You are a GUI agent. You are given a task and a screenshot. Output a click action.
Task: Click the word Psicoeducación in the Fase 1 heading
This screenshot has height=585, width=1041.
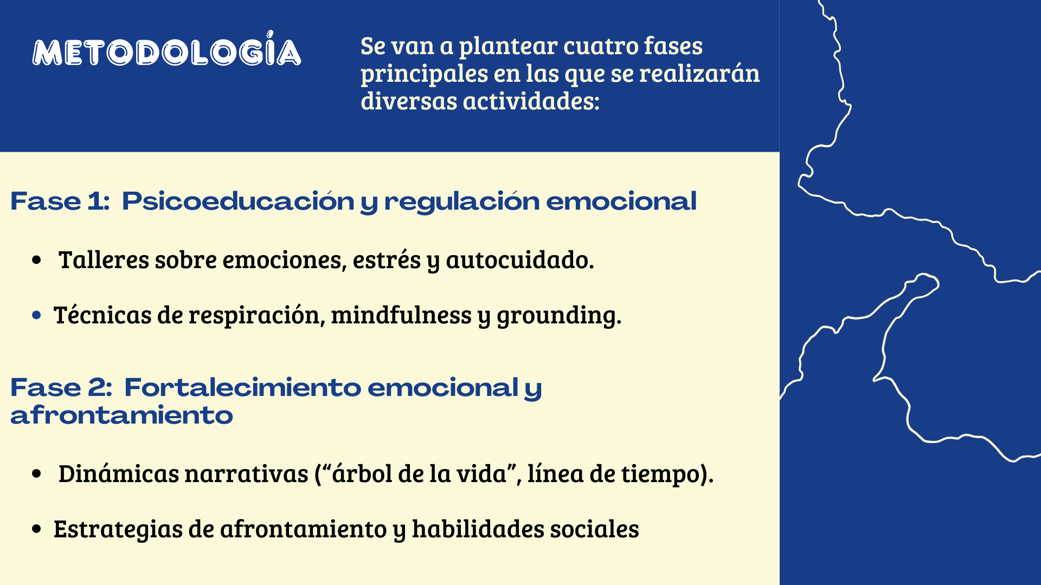point(238,201)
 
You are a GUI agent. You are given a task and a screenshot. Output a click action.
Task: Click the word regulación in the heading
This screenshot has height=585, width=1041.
point(462,201)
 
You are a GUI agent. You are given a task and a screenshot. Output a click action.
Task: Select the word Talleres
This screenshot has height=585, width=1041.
point(104,259)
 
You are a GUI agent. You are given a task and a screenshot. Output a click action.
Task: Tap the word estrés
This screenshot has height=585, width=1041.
point(387,259)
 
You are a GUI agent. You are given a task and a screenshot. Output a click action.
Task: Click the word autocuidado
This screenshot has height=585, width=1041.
point(519,260)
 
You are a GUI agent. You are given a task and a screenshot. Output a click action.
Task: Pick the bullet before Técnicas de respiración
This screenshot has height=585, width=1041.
point(36,315)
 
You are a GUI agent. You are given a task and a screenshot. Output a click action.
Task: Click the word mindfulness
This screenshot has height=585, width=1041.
point(401,315)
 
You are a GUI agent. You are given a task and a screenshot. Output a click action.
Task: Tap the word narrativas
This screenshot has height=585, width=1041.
point(247,474)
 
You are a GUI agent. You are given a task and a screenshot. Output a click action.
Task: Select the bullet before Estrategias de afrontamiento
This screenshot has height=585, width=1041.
point(36,529)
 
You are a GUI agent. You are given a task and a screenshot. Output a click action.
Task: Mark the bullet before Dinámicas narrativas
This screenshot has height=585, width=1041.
point(36,473)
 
